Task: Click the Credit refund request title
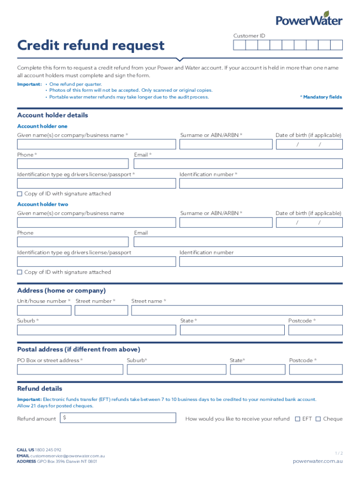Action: point(91,45)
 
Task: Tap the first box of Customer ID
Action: point(239,45)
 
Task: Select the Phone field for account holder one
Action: point(72,164)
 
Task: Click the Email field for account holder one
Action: point(238,164)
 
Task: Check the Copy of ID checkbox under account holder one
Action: point(20,194)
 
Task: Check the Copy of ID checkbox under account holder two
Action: point(20,272)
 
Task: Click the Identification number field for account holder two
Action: point(261,261)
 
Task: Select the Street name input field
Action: point(237,310)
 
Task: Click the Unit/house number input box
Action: point(44,310)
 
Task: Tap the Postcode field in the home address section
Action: point(315,330)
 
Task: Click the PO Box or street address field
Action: point(70,370)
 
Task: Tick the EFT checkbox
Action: point(297,419)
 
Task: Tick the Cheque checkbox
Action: point(318,419)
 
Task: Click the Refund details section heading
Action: point(40,389)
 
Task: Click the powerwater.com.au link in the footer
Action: point(317,461)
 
